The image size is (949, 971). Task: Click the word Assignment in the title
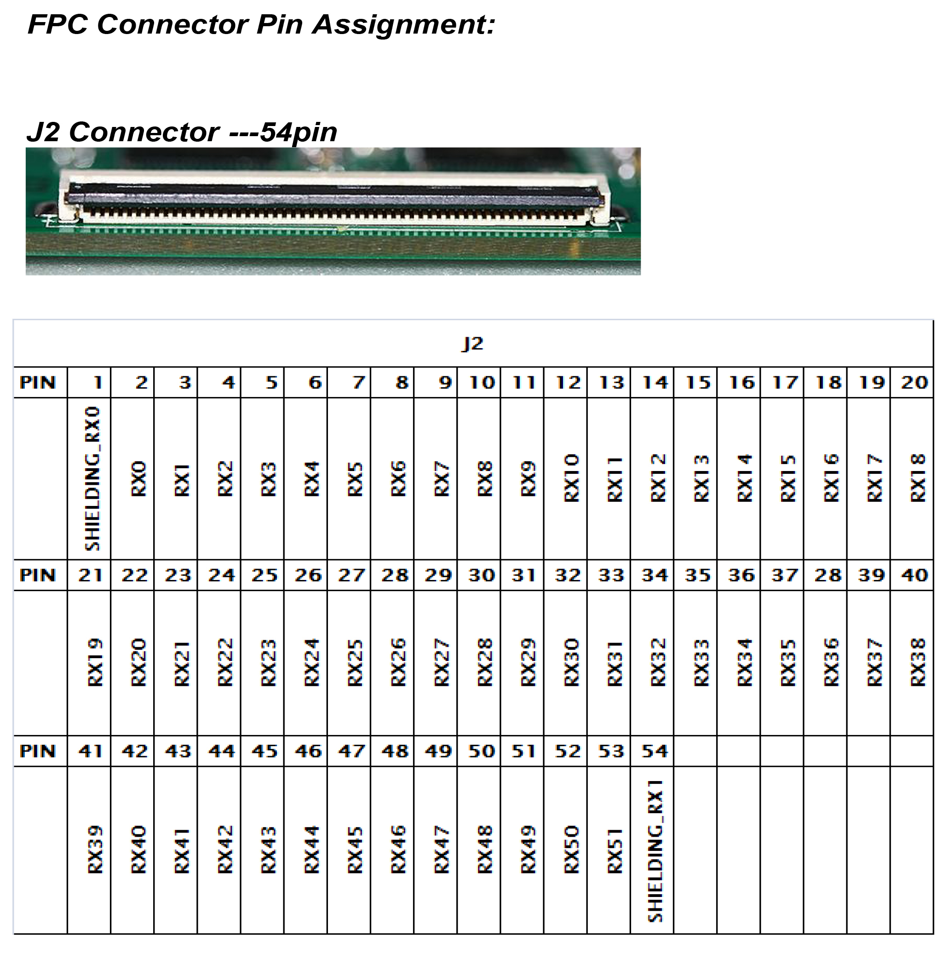pyautogui.click(x=403, y=25)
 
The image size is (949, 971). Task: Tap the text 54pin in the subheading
pyautogui.click(x=299, y=132)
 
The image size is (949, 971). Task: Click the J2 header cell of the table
pyautogui.click(x=472, y=344)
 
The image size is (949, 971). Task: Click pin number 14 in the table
pyautogui.click(x=655, y=382)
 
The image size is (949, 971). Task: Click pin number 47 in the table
pyautogui.click(x=351, y=751)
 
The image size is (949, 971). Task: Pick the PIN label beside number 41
pyautogui.click(x=37, y=751)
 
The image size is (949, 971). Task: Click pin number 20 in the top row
pyautogui.click(x=914, y=382)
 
